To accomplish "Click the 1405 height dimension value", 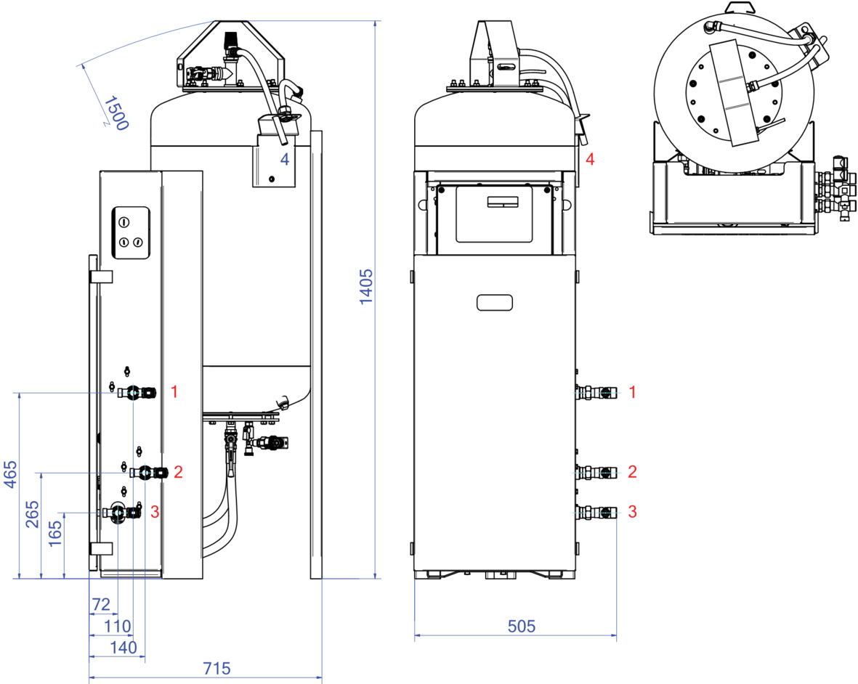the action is point(365,287).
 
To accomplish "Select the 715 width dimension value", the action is point(216,668).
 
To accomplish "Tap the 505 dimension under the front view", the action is point(521,626).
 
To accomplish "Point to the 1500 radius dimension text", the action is point(116,113).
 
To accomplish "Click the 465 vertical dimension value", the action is point(10,474).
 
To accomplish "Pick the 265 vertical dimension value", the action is point(32,514).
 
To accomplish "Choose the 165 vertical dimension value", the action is point(55,534).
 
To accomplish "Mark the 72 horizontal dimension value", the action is point(101,604).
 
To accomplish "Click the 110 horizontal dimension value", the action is point(117,626).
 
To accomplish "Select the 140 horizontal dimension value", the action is point(123,648).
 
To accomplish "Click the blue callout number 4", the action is point(285,159).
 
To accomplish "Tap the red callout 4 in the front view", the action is point(590,159).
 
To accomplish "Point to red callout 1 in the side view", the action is point(174,391).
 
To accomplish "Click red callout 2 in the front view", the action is point(633,471).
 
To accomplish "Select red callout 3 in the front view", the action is point(633,512).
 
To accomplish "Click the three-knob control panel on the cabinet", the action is point(131,232).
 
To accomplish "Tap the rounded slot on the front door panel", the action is point(495,302).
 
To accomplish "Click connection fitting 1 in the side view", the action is point(137,392).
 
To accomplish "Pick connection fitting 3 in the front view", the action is point(596,513).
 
